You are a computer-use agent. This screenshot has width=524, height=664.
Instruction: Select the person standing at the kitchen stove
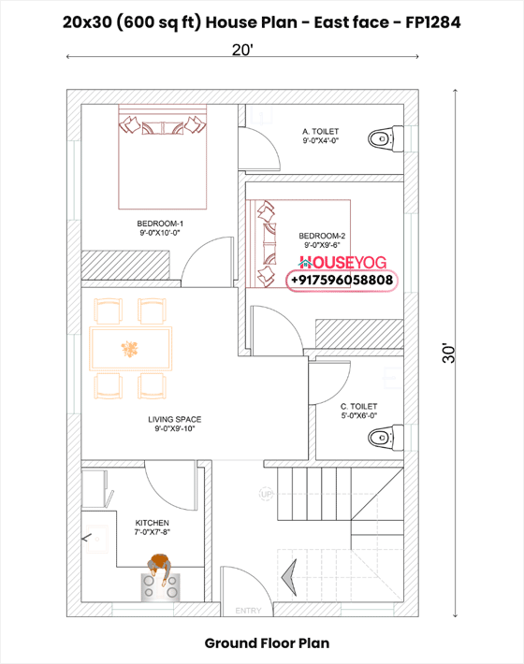click(160, 566)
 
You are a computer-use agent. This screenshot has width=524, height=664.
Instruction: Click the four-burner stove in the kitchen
click(160, 585)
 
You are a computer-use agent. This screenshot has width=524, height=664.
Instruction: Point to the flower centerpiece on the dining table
click(128, 349)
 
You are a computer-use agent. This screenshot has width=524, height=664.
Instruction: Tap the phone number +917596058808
click(342, 281)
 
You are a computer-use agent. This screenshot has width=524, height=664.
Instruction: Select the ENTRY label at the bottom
click(248, 610)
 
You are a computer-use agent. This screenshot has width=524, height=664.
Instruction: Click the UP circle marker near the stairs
click(266, 494)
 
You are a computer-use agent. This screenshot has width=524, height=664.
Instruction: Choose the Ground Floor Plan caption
click(267, 643)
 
